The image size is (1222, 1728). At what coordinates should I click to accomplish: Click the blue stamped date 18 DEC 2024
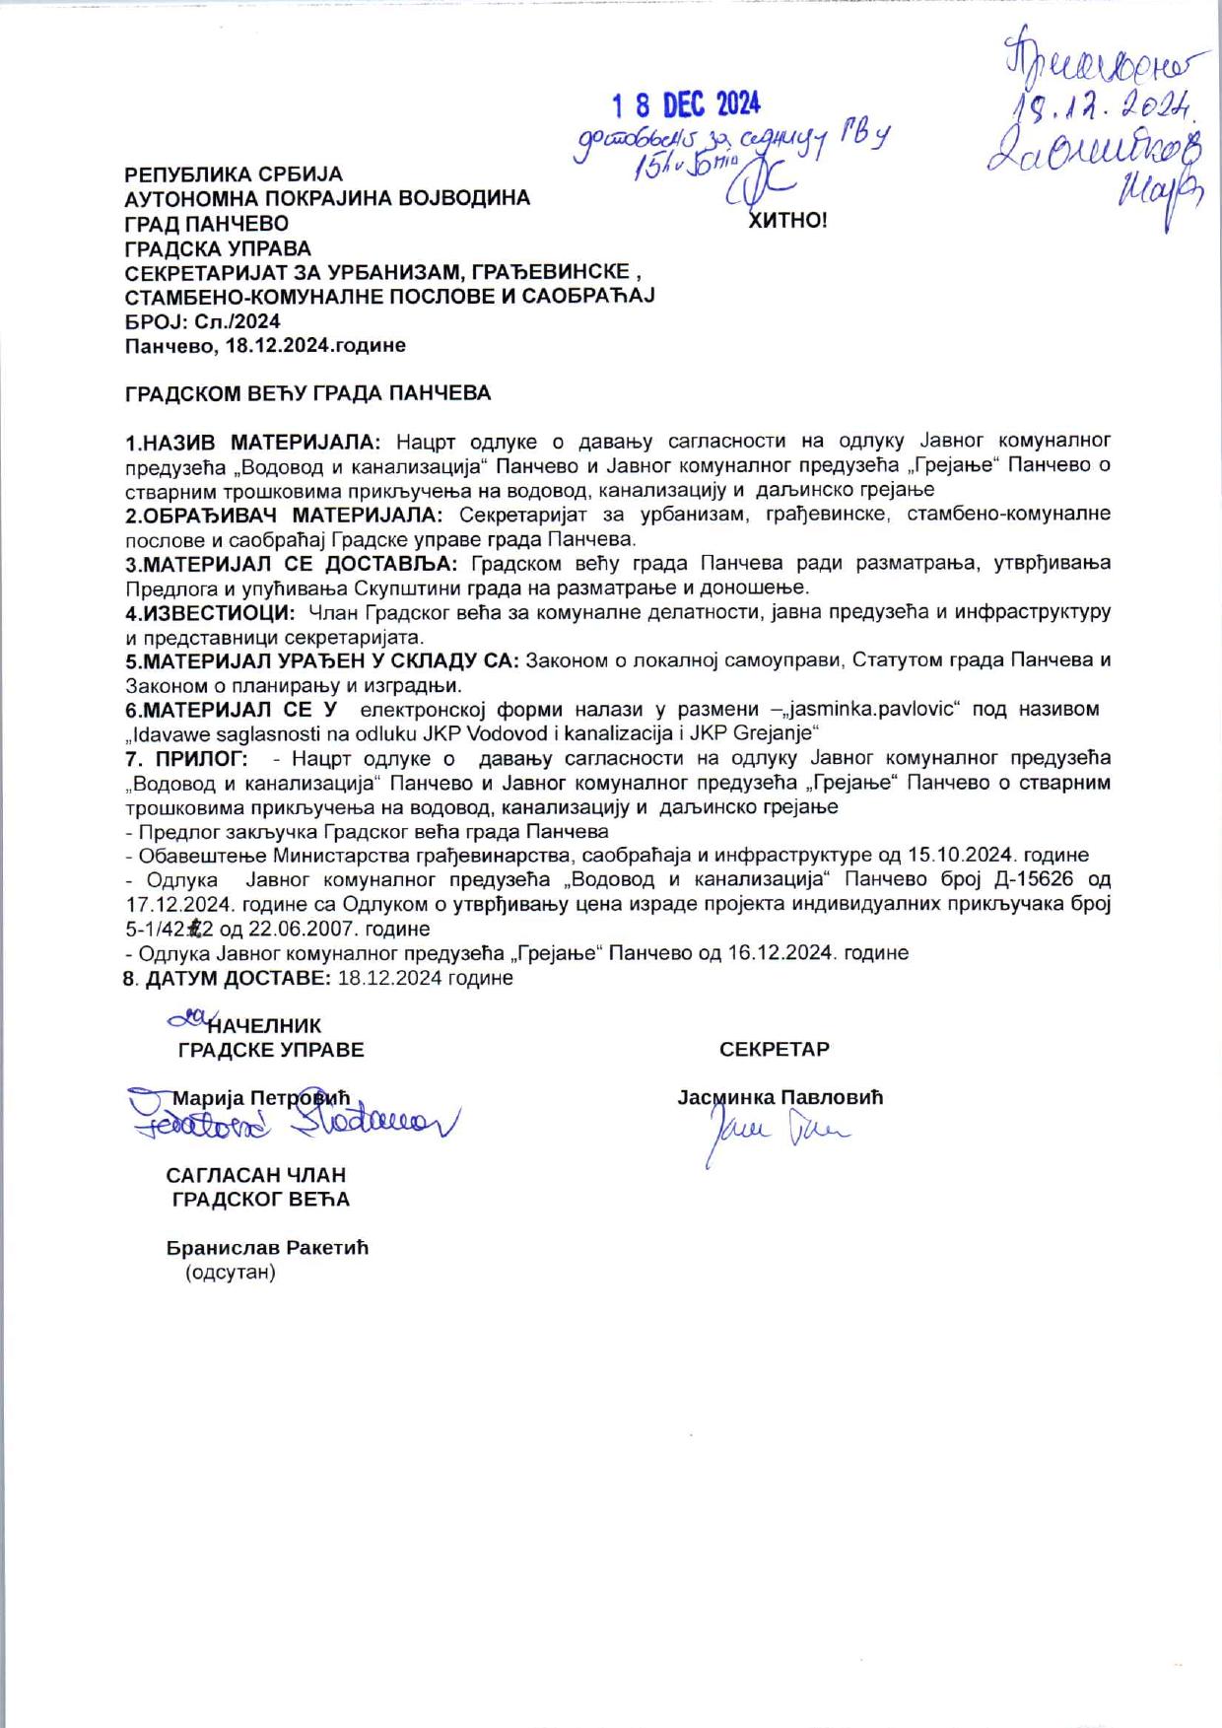687,104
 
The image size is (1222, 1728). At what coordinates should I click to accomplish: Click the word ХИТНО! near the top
788,220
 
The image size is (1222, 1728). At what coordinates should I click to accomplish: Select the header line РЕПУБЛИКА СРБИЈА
234,174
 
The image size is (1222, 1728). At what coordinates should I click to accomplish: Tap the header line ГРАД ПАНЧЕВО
207,224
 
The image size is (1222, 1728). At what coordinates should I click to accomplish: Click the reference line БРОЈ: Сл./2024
203,321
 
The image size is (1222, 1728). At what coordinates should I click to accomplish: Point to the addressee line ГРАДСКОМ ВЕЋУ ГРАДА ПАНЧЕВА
307,393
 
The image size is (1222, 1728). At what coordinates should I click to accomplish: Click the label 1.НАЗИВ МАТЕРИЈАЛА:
258,440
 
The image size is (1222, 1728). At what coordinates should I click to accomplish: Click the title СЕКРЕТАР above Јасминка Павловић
775,1049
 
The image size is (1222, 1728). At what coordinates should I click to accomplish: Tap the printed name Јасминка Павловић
781,1097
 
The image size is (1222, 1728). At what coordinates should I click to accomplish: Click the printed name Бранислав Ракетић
267,1248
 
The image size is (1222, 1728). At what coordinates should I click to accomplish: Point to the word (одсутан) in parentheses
231,1272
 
